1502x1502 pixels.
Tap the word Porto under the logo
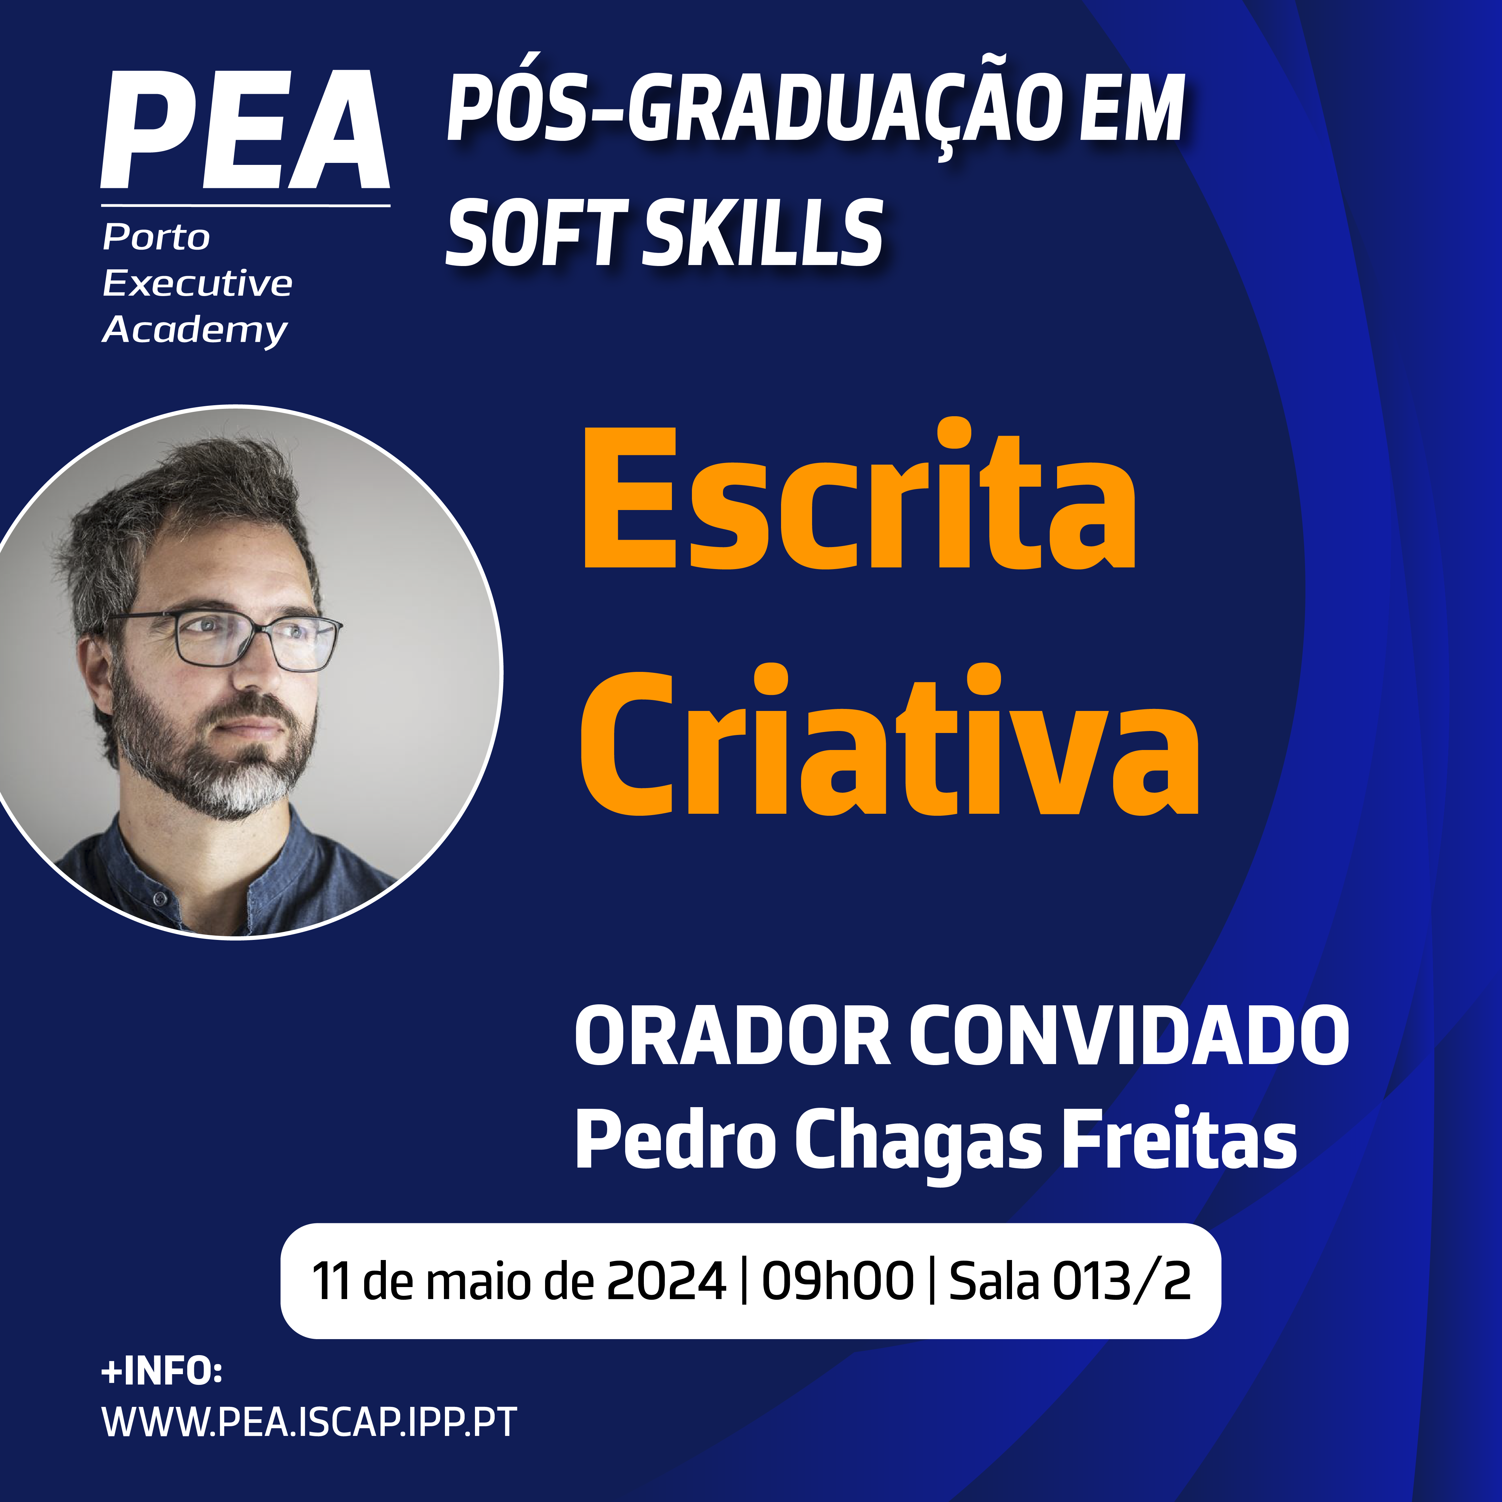click(x=156, y=237)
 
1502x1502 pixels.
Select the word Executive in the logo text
click(x=198, y=283)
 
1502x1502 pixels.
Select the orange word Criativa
click(x=890, y=740)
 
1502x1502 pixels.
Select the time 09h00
click(x=837, y=1281)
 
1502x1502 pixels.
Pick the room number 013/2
click(x=1122, y=1281)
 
